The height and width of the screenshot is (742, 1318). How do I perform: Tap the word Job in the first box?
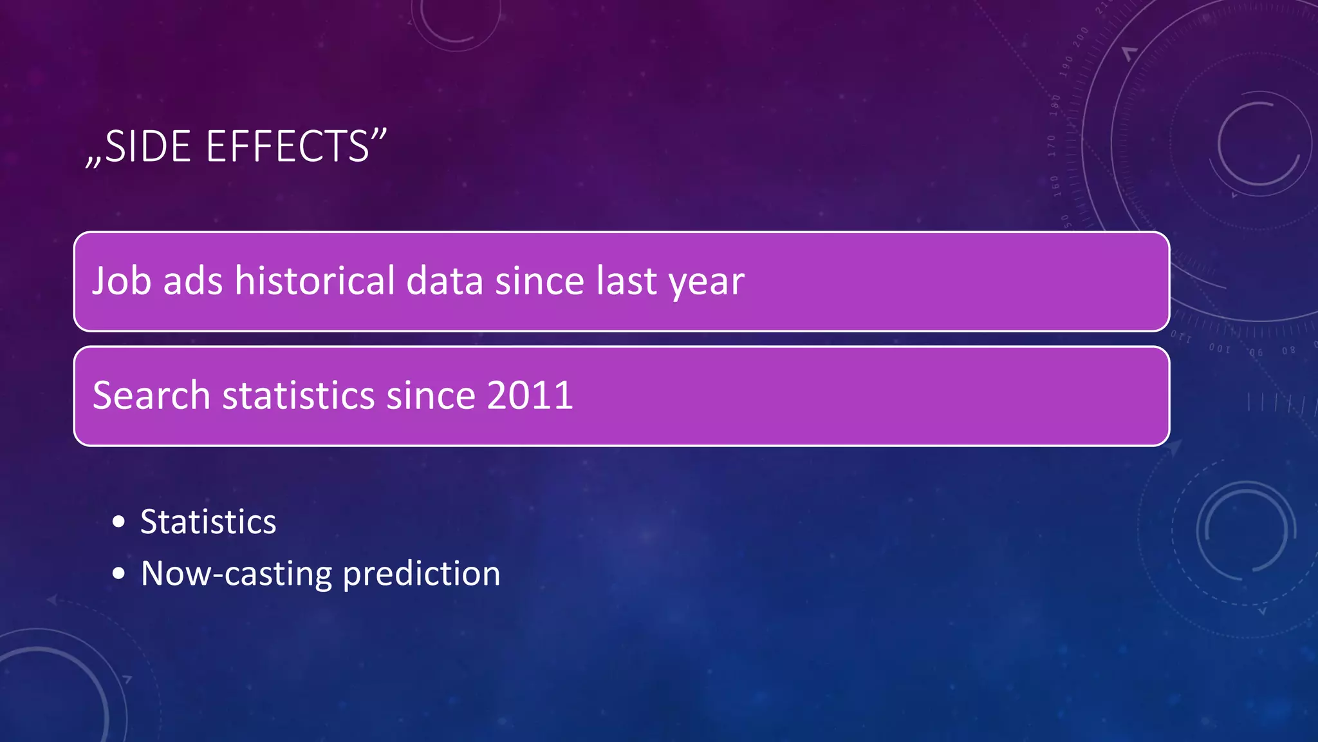coord(122,281)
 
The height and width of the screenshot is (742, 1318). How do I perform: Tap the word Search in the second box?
coord(151,395)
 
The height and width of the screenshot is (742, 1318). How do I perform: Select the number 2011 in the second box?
coord(530,395)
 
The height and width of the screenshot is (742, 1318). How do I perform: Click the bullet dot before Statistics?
coord(118,522)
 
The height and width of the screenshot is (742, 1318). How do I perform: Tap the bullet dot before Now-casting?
coord(118,573)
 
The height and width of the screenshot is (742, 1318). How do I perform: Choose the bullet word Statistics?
coord(208,522)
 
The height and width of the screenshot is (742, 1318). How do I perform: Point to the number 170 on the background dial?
coord(1052,146)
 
